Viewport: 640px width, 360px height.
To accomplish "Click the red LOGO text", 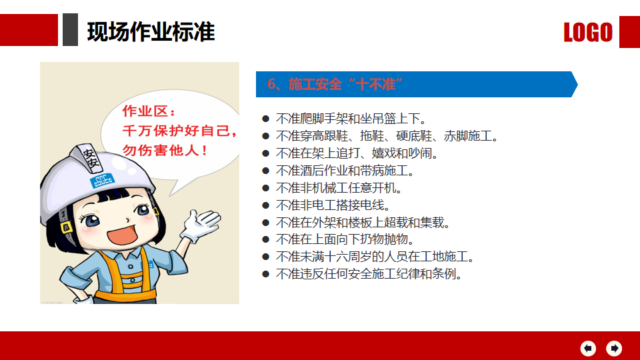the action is pos(588,32).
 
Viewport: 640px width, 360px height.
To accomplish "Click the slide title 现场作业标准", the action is pos(151,32).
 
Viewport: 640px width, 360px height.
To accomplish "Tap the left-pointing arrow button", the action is pos(588,348).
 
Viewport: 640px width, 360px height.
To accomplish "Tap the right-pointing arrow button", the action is pos(614,348).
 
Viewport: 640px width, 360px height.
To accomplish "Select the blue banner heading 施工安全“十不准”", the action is pos(335,84).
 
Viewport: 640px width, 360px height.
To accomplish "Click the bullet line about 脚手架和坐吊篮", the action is pos(351,119).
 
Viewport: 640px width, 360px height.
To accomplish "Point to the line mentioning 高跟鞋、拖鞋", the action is pos(387,136).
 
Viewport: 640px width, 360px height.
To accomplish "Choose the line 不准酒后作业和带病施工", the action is pos(345,171).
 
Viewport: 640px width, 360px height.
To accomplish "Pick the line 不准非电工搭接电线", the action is pos(333,205).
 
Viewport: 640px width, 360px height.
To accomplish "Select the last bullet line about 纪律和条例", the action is pos(369,274).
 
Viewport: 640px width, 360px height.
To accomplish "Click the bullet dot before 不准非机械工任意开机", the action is pos(266,188).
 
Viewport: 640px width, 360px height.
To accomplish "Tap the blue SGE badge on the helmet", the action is pos(102,181).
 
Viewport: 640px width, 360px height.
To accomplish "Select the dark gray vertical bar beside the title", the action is pos(70,30).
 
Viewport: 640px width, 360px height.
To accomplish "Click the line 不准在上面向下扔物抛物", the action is pos(345,239).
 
